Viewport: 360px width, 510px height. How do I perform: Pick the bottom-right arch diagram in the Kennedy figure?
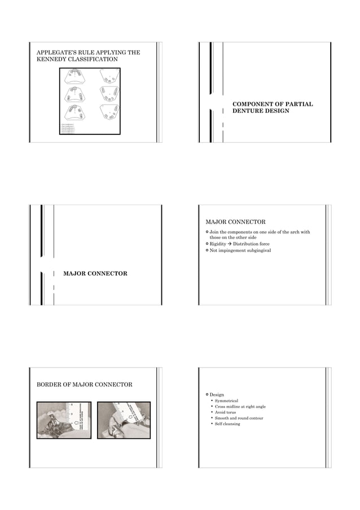(x=108, y=112)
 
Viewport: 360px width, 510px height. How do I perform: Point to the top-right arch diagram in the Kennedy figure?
(x=108, y=76)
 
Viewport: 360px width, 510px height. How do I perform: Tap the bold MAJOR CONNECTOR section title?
(x=95, y=273)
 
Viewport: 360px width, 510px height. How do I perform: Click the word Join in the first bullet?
(x=214, y=232)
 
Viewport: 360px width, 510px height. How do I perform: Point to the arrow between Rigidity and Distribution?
(x=230, y=244)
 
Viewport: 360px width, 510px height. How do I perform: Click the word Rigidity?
(x=218, y=244)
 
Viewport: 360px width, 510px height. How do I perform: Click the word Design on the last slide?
(x=217, y=394)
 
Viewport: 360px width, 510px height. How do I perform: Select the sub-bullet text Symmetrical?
(x=226, y=400)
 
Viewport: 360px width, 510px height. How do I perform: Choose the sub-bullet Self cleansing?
(x=227, y=424)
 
